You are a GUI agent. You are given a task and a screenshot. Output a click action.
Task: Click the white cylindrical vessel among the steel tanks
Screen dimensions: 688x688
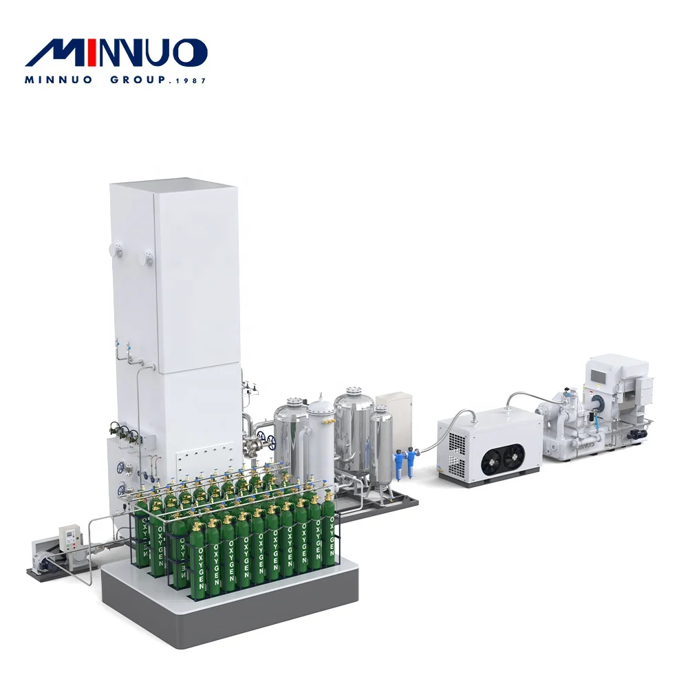321,440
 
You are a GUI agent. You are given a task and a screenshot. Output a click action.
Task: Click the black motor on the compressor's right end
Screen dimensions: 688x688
639,434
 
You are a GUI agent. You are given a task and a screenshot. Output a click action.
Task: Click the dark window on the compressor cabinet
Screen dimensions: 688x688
597,378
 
